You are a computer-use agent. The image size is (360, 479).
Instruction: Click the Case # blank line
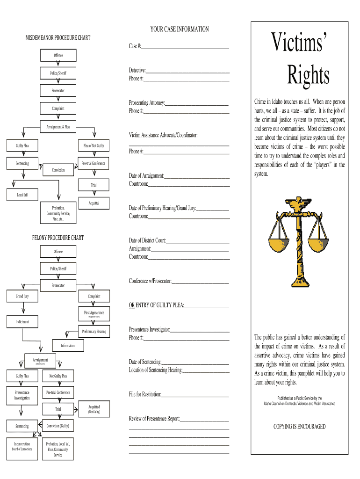[185, 47]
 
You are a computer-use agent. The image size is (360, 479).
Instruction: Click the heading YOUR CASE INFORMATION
[180, 29]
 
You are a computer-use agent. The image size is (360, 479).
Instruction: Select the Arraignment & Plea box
[58, 127]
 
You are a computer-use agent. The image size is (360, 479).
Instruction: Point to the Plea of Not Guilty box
[94, 146]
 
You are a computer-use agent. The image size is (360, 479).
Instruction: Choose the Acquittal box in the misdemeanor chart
[94, 203]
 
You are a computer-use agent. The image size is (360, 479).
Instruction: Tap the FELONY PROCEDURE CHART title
[58, 238]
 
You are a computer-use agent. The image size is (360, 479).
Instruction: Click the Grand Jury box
[22, 297]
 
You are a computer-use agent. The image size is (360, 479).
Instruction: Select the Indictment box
[22, 322]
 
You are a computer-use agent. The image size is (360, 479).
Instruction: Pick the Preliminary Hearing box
[94, 332]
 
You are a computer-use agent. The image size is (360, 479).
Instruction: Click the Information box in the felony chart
[68, 346]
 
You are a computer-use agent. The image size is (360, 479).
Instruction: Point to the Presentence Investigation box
[22, 395]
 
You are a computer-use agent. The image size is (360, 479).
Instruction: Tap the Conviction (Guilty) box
[58, 426]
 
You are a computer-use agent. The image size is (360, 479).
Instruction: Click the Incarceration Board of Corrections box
[22, 446]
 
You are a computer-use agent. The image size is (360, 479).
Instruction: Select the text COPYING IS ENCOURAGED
[300, 427]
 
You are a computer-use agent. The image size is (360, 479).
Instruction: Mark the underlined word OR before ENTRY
[132, 306]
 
